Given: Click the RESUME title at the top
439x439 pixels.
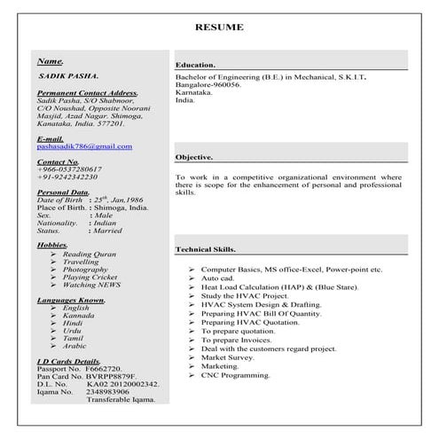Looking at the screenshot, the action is coord(219,27).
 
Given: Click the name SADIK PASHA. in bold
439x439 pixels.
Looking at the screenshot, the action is coord(69,77).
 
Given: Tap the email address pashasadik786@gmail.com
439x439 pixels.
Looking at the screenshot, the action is coord(84,146).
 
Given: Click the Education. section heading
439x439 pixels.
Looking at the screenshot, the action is coord(195,66).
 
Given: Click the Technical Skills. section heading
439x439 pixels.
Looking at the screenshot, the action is coord(207,249).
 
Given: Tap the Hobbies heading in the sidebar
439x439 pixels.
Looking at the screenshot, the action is coord(51,244).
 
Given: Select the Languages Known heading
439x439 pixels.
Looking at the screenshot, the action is coord(72,301).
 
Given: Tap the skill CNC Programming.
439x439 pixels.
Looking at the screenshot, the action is coord(235,375).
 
